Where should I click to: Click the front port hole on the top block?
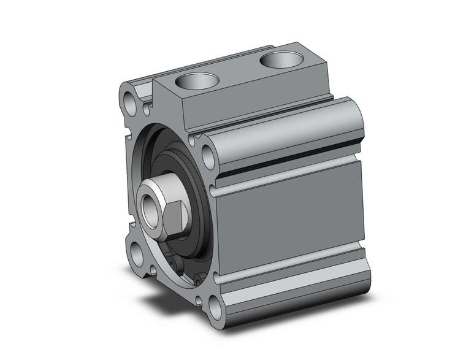(197, 82)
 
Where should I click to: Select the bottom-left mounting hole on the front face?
(137, 253)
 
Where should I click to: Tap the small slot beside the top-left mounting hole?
(147, 110)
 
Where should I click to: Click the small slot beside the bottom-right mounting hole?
(198, 301)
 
